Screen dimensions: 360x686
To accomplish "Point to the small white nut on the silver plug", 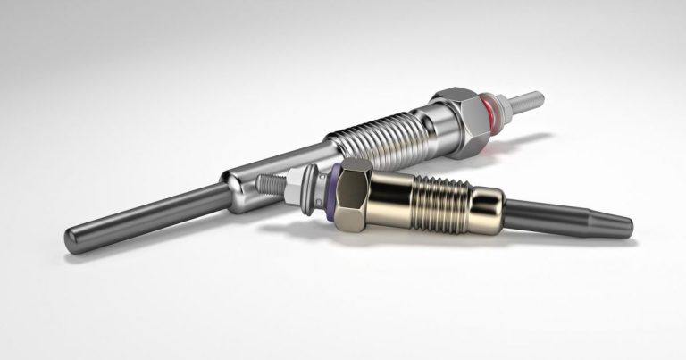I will coord(505,105).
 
